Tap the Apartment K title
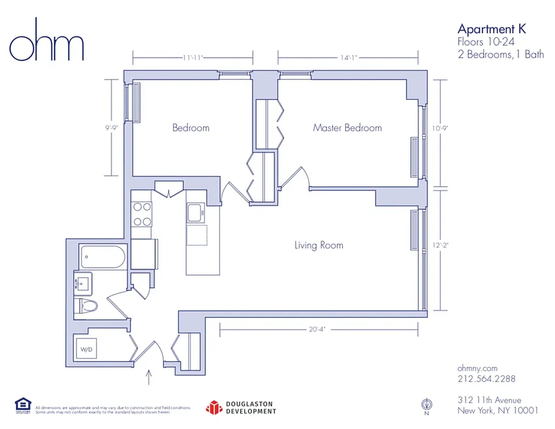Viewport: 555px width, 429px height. [491, 29]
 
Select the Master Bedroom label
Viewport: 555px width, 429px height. [347, 128]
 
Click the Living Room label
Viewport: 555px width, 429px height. [318, 245]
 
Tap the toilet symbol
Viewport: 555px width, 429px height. [87, 306]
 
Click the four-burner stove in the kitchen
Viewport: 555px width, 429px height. [142, 213]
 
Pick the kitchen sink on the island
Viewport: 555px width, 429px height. [195, 213]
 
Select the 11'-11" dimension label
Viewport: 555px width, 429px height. [193, 57]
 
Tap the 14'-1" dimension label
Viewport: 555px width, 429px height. [348, 57]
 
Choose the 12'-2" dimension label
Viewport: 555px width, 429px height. [440, 245]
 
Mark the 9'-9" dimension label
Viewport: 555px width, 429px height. [112, 128]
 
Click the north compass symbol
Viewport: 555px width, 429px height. [428, 404]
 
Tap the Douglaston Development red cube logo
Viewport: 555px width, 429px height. [214, 408]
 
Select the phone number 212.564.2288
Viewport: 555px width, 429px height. [486, 379]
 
